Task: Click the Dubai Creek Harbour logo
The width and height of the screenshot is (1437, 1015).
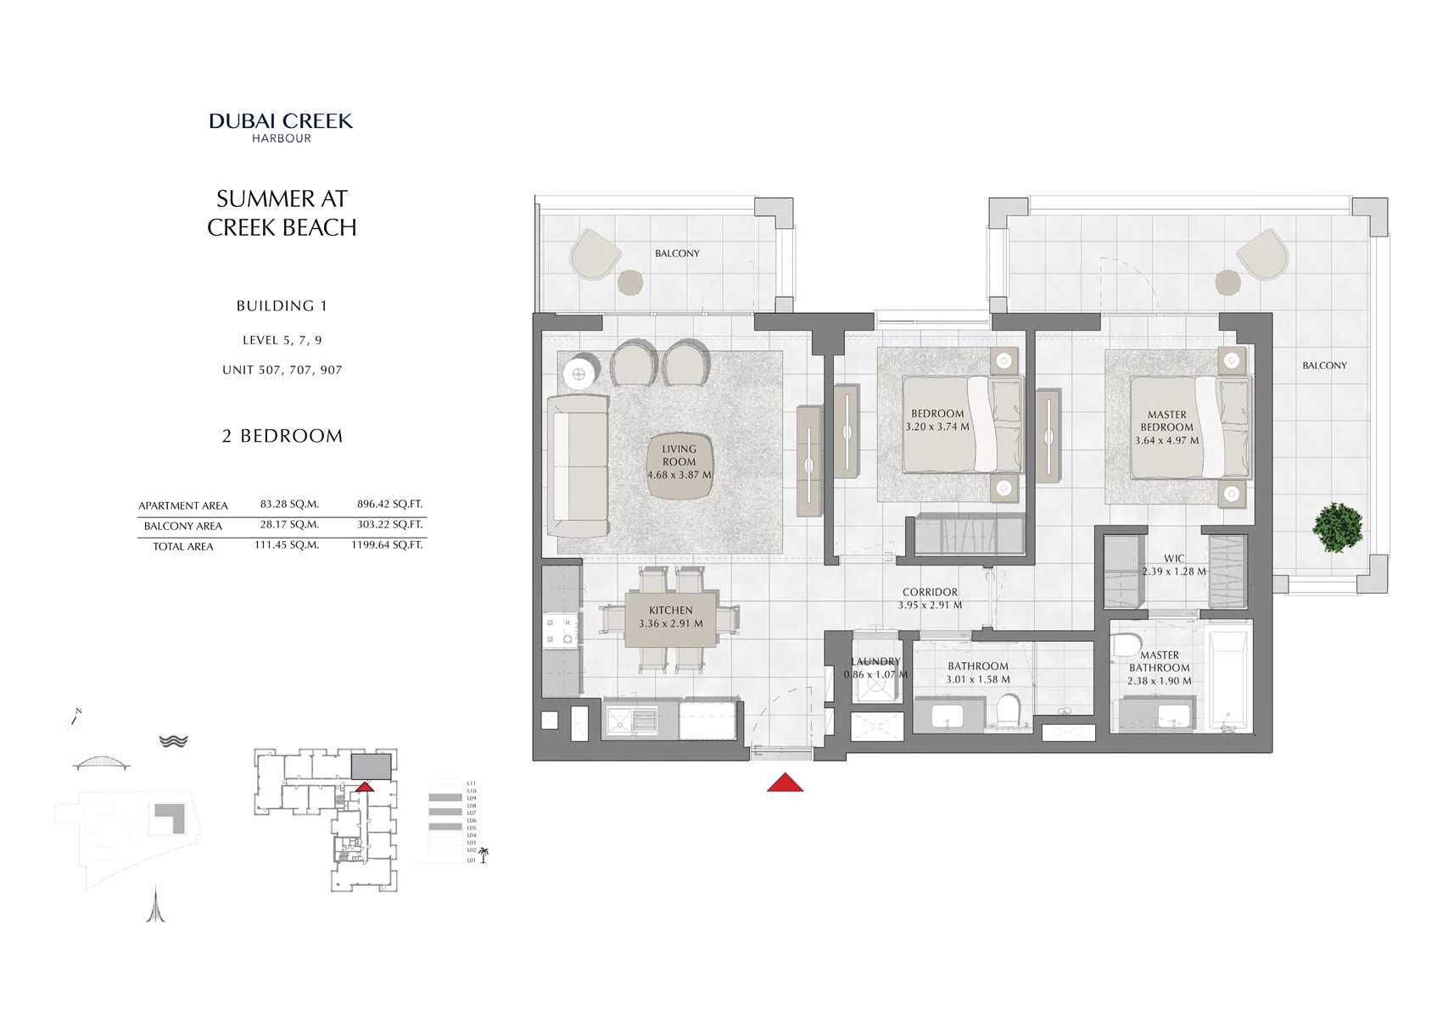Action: pos(281,127)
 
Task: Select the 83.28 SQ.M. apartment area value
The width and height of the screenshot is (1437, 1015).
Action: pos(289,504)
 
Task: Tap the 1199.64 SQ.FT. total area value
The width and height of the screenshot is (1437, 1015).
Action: pos(387,544)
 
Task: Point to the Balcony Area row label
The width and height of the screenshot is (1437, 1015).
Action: pos(183,526)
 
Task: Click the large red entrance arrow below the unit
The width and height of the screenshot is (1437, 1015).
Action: pos(785,783)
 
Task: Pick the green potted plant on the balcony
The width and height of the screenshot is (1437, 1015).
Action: pos(1337,527)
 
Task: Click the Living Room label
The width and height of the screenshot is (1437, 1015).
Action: pos(679,455)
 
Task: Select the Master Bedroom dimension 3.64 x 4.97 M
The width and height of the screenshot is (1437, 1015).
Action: pos(1167,440)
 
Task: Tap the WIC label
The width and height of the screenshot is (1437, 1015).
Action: pos(1174,558)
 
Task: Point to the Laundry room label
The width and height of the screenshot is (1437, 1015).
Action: pos(875,661)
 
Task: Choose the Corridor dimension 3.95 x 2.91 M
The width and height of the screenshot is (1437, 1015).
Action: pos(930,605)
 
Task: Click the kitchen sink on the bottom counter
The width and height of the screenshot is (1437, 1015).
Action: pos(632,720)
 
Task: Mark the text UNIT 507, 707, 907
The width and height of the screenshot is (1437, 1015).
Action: pos(282,370)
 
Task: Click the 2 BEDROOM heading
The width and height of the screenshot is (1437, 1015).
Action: pos(282,436)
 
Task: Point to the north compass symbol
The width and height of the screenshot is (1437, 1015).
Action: pos(73,720)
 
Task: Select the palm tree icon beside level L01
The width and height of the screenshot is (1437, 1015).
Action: pos(484,856)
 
